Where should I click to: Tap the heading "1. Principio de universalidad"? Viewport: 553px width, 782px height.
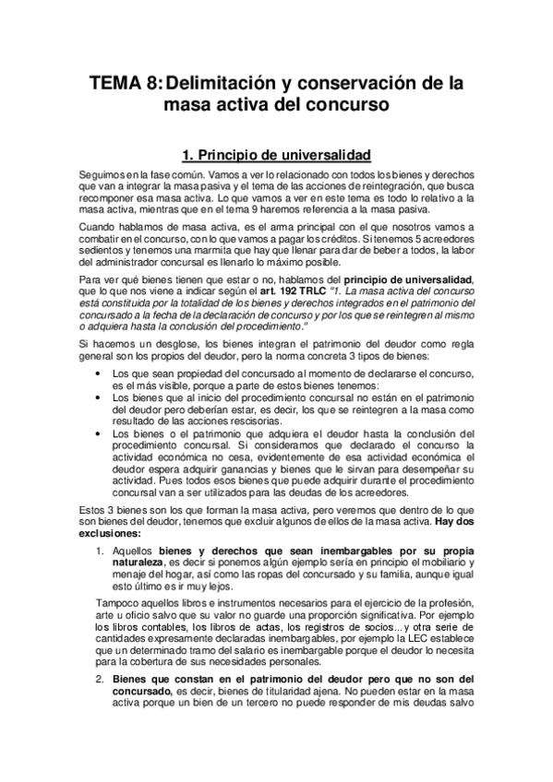[277, 153]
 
